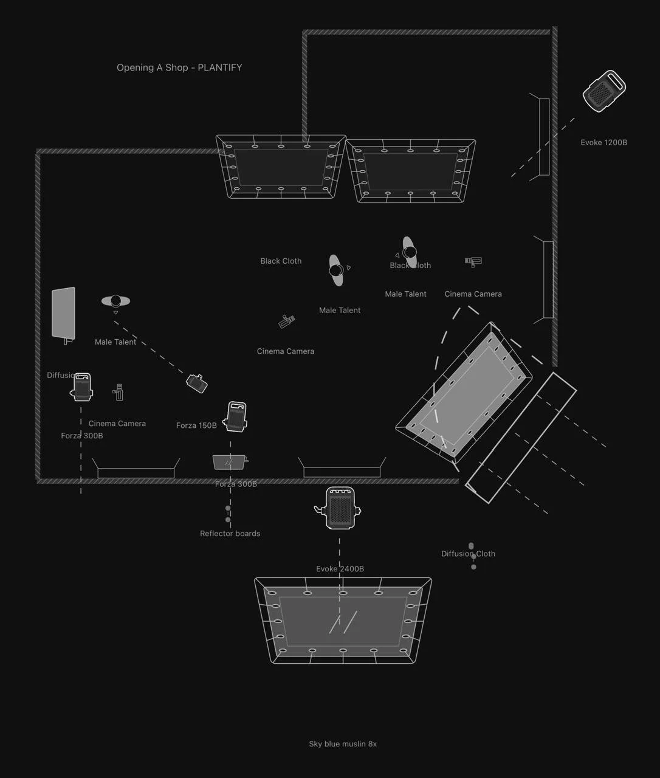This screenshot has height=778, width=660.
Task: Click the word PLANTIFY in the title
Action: click(219, 67)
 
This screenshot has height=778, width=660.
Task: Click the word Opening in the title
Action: click(135, 67)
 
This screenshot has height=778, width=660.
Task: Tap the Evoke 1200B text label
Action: click(603, 142)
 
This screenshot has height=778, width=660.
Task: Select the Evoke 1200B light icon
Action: click(604, 91)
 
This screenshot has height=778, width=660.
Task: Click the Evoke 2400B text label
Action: click(340, 569)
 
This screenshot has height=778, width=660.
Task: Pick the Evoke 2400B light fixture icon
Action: click(339, 507)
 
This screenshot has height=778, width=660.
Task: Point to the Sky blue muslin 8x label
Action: click(343, 744)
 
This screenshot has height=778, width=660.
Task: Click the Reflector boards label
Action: click(230, 534)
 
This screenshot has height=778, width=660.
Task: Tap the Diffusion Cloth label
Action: click(468, 554)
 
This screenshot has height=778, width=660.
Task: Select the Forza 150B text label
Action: click(196, 425)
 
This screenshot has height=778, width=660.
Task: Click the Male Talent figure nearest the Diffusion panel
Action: click(115, 301)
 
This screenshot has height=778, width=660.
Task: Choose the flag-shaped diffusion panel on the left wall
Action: click(63, 314)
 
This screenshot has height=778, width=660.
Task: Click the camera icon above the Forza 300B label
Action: click(119, 392)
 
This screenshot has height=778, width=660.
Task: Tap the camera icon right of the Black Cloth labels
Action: click(473, 261)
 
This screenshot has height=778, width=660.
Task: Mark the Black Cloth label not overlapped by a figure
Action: click(281, 261)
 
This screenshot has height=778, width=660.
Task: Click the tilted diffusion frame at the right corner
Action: click(464, 394)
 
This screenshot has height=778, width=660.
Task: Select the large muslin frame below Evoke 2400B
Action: click(343, 620)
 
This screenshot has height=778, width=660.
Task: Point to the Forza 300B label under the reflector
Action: click(236, 484)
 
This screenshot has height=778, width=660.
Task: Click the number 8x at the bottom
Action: click(373, 744)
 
